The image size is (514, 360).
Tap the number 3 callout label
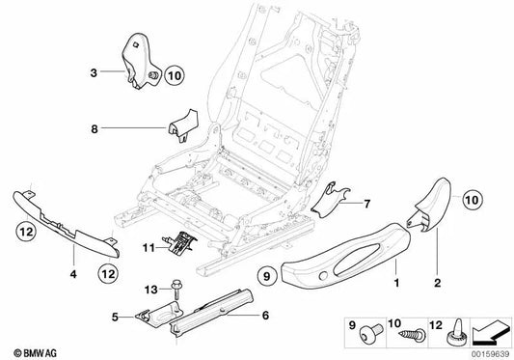[95, 72]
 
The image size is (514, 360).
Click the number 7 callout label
[367, 204]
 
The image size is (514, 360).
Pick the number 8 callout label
[95, 127]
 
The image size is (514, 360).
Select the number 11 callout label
[148, 249]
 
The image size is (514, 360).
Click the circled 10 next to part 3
[173, 74]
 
